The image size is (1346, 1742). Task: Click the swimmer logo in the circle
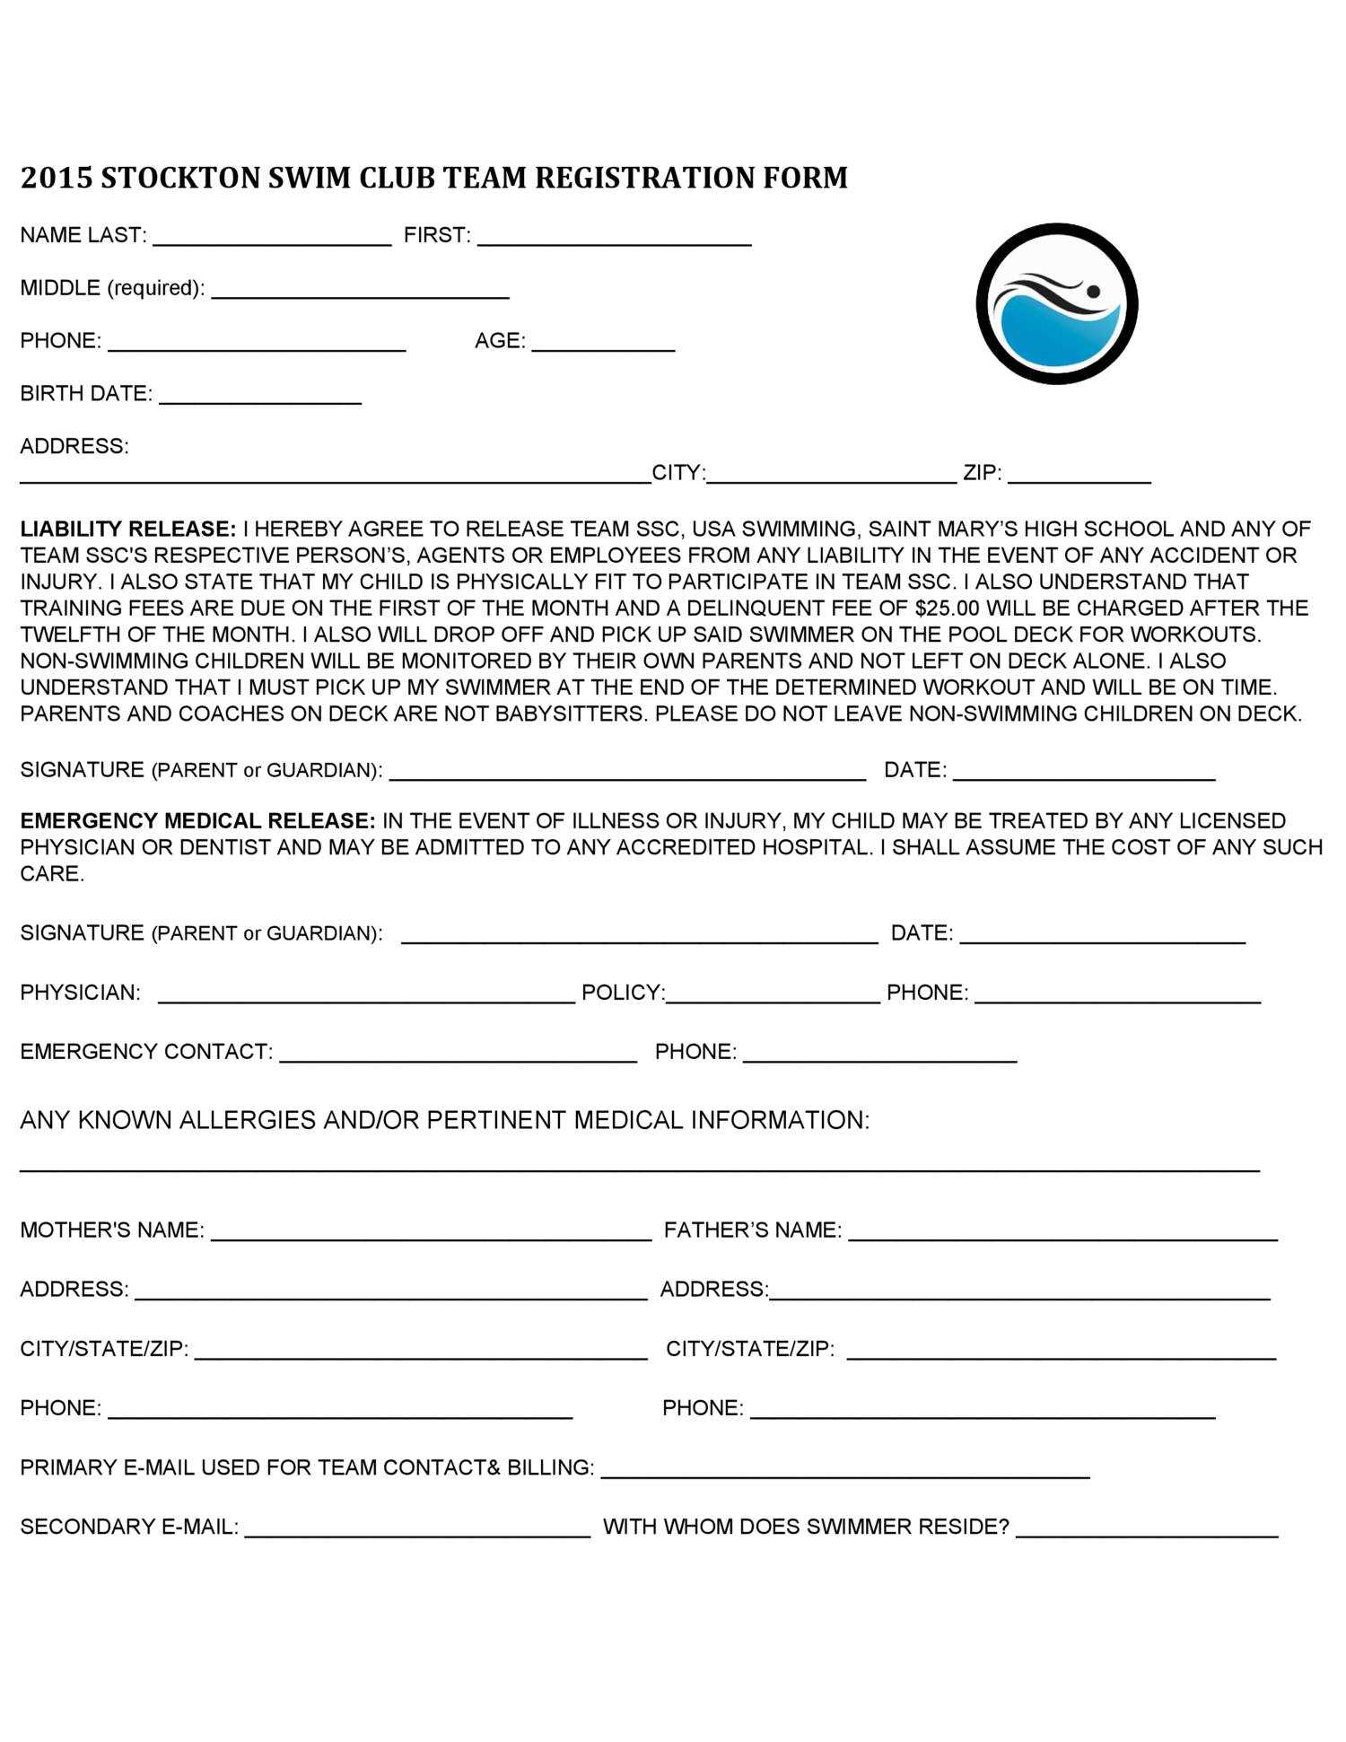click(x=1056, y=303)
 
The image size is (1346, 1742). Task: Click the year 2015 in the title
click(x=56, y=178)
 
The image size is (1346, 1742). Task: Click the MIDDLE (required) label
click(x=112, y=288)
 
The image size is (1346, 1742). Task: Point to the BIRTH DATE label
click(x=86, y=394)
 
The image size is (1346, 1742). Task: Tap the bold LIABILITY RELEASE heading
click(x=127, y=530)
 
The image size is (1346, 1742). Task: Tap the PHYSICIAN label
click(x=80, y=993)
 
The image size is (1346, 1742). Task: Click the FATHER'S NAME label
click(x=752, y=1230)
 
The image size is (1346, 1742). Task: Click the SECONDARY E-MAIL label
click(x=129, y=1527)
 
